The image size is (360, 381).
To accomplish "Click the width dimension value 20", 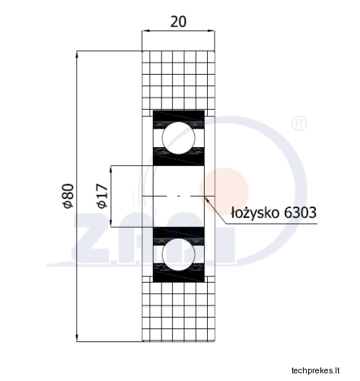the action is (178, 22).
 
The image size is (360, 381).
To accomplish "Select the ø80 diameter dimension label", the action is (68, 196).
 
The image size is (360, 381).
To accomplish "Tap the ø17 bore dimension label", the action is (102, 196).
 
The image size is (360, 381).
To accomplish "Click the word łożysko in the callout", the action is (255, 213).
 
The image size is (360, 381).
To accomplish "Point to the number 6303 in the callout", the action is (300, 213).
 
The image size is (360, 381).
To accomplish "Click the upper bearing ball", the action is (179, 138).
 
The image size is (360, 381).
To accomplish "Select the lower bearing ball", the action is (179, 255).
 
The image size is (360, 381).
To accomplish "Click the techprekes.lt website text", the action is (315, 370).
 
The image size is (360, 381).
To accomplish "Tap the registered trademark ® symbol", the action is (299, 123).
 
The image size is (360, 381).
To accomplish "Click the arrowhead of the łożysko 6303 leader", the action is (207, 200).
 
